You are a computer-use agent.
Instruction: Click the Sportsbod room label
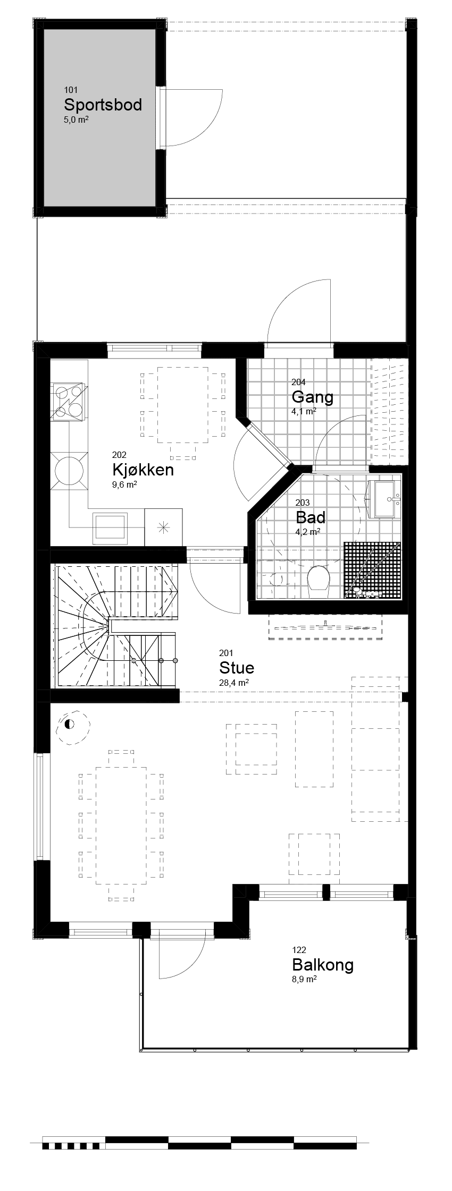(103, 105)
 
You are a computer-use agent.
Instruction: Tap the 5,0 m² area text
(76, 120)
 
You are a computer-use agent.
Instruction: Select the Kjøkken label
(143, 470)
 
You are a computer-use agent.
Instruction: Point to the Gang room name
(312, 397)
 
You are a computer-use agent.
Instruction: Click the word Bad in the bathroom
(311, 517)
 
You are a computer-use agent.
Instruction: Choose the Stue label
(237, 668)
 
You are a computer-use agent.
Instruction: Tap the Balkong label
(323, 965)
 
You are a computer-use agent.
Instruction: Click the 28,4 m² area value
(234, 683)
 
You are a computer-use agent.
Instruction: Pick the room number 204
(298, 382)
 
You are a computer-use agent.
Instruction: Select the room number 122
(299, 950)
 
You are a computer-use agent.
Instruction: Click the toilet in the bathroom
(319, 578)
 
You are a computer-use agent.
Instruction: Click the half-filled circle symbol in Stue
(69, 724)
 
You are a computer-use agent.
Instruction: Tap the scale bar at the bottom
(199, 1142)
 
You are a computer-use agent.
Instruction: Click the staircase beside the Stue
(114, 627)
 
